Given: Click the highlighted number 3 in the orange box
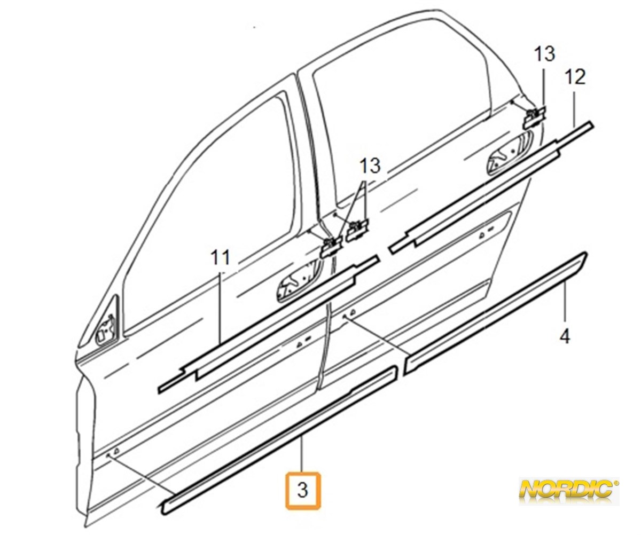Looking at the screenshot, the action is [x=303, y=490].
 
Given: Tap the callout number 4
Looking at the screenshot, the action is [x=565, y=336].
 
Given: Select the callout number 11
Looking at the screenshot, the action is [x=221, y=257].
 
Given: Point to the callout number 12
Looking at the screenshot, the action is [x=575, y=77].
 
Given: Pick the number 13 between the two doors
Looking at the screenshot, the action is [x=370, y=166].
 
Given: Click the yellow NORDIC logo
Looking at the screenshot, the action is [x=569, y=494].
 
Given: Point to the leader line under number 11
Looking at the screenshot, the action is [x=221, y=308].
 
